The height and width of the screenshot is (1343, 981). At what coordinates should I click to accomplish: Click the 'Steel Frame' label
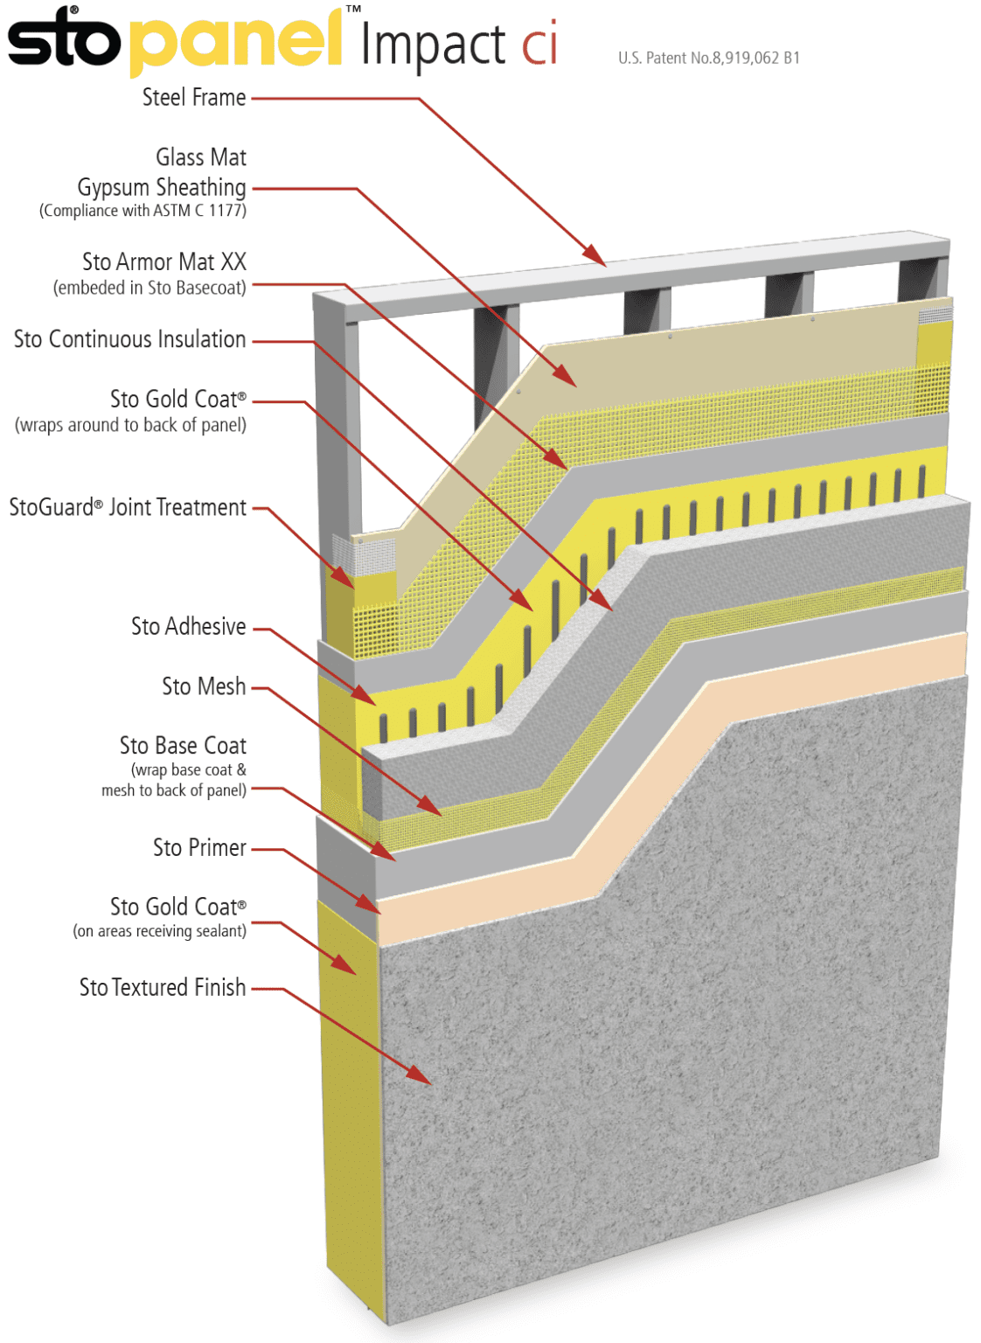click(x=193, y=97)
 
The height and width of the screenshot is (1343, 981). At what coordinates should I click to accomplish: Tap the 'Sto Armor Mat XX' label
click(x=163, y=261)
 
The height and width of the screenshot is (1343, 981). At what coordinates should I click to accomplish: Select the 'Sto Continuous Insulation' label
click(x=129, y=339)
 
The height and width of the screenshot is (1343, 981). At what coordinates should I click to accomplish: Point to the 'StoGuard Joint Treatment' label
click(x=128, y=507)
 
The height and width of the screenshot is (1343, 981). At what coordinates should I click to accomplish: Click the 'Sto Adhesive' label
click(x=188, y=626)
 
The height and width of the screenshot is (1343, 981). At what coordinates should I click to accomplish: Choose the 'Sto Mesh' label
click(x=203, y=686)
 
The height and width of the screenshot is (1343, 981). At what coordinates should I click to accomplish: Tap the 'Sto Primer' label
click(x=199, y=847)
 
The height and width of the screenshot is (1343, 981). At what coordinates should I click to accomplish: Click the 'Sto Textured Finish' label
click(x=163, y=987)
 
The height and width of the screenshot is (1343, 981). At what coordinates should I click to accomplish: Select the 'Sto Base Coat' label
click(x=183, y=745)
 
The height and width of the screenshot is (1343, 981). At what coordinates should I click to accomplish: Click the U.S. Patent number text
click(x=708, y=58)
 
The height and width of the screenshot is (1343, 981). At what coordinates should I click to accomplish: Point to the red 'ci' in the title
click(x=539, y=45)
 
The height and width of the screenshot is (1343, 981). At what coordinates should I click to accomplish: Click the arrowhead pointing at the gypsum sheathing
click(x=569, y=380)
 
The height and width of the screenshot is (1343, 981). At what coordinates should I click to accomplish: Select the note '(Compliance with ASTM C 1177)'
click(x=143, y=211)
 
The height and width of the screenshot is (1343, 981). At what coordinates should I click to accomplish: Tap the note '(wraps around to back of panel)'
click(x=130, y=425)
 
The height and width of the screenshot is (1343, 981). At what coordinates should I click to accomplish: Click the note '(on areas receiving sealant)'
click(x=159, y=931)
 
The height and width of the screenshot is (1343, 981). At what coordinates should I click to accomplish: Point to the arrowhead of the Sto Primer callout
click(x=374, y=909)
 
